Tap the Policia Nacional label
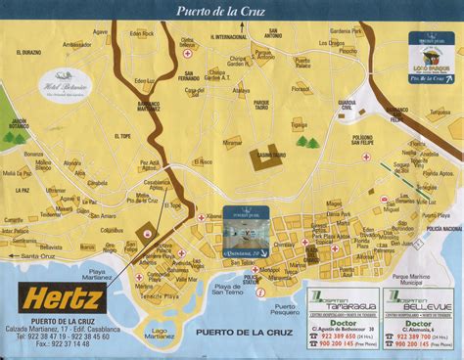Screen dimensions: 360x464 (x=444, y=227)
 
